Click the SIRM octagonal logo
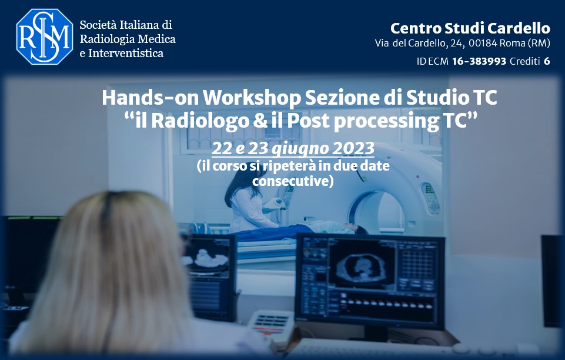pos(44,36)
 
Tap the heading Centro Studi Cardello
pos(470,28)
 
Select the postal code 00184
pos(483,44)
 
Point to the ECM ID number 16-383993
pos(479,61)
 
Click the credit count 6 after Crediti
pos(547,61)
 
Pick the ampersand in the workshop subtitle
pos(260,121)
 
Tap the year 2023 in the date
pos(353,148)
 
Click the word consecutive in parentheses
pos(290,181)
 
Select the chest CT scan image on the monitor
pos(362,266)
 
